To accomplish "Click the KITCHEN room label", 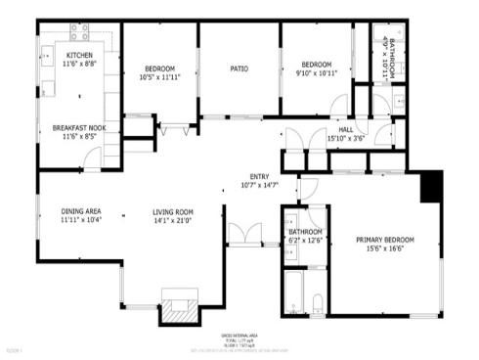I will (x=79, y=55).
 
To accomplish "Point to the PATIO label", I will (x=239, y=68).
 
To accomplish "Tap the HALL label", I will (x=345, y=129).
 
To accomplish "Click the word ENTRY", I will (x=258, y=176).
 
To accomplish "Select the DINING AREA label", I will (x=81, y=212).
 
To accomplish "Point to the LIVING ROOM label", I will (x=172, y=212).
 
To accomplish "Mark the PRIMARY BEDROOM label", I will (x=384, y=240).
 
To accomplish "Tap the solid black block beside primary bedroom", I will (x=430, y=187).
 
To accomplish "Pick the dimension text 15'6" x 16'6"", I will (x=384, y=249).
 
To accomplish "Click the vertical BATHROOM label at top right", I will (x=391, y=45).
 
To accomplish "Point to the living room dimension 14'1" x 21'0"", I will (x=172, y=221).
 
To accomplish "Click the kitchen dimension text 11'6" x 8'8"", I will (x=79, y=64).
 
